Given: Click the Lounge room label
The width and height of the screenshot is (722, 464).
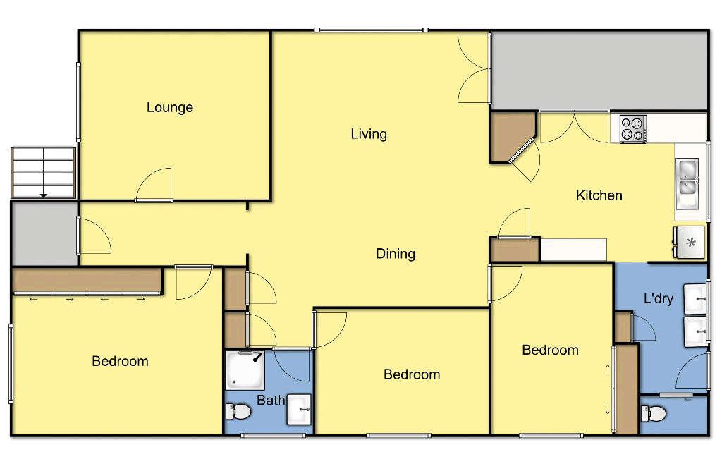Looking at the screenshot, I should [169, 107].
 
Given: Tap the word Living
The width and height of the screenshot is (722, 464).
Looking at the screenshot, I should [369, 133].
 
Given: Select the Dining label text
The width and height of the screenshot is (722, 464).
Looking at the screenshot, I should [395, 253].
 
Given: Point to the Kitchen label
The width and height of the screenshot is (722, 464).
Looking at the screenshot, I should [599, 195].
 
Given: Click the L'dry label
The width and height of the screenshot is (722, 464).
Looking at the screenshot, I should [658, 298].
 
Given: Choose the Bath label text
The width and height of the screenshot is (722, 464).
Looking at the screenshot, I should [271, 401].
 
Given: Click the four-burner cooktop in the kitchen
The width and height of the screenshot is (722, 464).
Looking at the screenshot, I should [632, 128].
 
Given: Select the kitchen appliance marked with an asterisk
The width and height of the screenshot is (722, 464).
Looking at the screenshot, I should [690, 243].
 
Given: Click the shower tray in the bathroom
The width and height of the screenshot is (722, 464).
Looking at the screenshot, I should [244, 371].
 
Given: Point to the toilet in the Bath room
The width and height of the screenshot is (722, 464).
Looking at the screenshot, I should [238, 411].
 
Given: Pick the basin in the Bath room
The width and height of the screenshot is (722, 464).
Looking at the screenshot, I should [299, 410].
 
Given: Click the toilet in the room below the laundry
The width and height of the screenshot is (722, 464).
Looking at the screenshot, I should [653, 413].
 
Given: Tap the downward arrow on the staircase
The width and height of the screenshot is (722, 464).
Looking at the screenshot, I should [44, 194].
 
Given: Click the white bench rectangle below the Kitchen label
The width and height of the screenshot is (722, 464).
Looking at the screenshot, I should [573, 249].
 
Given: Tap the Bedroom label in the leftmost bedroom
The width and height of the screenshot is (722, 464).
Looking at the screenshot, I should [120, 361].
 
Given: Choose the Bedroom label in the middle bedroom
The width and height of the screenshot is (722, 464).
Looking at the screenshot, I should [412, 374].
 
